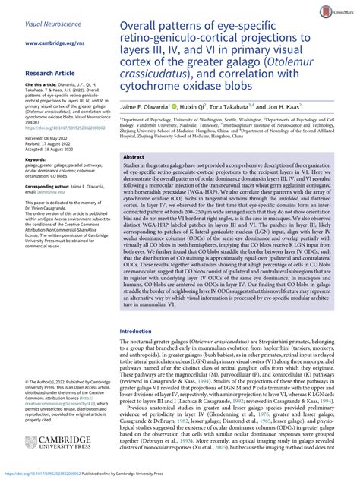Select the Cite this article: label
pyautogui.click(x=43, y=86)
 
